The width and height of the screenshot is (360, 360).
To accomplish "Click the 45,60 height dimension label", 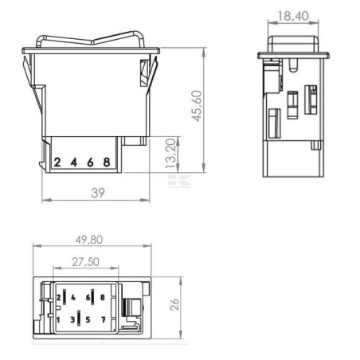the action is pyautogui.click(x=197, y=106).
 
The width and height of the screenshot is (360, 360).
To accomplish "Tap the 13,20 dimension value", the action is pyautogui.click(x=170, y=153).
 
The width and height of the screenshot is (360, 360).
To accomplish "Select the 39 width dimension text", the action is pyautogui.click(x=98, y=193).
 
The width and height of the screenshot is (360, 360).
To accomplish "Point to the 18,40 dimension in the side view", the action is pyautogui.click(x=293, y=16).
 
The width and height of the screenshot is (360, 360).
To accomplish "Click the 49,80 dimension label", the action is pyautogui.click(x=89, y=240).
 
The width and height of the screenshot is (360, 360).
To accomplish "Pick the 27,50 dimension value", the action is pyautogui.click(x=86, y=262).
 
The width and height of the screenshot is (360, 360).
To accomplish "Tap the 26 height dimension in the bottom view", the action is pyautogui.click(x=174, y=304).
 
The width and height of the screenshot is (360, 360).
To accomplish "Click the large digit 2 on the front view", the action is pyautogui.click(x=57, y=162).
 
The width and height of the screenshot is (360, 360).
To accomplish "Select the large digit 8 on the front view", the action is pyautogui.click(x=107, y=162).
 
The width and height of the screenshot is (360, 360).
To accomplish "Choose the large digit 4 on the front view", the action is pyautogui.click(x=74, y=162).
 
